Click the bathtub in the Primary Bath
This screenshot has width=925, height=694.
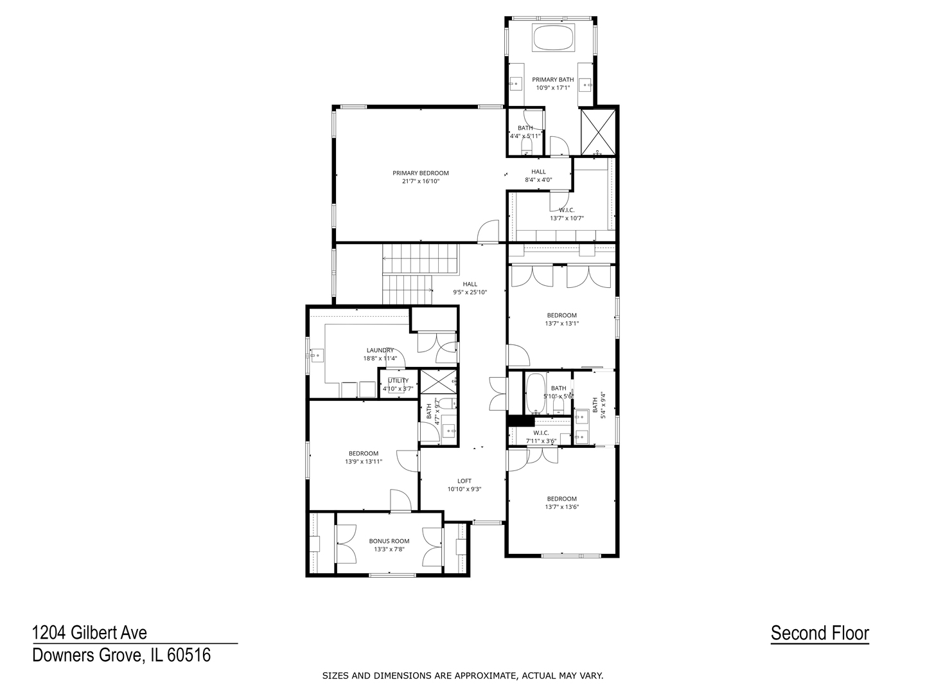click(x=552, y=37)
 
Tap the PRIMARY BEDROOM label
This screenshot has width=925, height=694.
click(x=420, y=173)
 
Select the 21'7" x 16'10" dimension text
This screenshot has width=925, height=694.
click(x=420, y=181)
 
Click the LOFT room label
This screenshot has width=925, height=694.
click(x=464, y=481)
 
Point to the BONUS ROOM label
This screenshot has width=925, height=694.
click(x=389, y=541)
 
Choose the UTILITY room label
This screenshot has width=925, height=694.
click(x=398, y=380)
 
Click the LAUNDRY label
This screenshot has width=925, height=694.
click(x=380, y=350)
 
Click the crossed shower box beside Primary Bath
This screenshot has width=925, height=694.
click(x=598, y=132)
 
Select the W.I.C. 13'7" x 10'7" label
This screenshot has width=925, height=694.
click(x=567, y=214)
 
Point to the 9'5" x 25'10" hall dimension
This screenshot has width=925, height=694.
click(x=470, y=292)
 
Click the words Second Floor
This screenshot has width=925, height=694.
click(x=820, y=634)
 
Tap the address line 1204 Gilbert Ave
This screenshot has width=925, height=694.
click(x=90, y=633)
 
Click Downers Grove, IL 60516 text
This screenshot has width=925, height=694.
click(x=121, y=655)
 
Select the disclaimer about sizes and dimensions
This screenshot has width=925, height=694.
click(x=463, y=676)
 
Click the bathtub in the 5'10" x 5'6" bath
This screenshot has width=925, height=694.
click(x=535, y=393)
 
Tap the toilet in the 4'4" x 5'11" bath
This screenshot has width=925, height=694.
click(x=527, y=147)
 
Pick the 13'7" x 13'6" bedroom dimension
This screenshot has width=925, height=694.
click(x=561, y=507)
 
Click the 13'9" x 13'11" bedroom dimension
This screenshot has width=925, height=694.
click(x=364, y=461)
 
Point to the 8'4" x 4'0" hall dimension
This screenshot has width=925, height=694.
click(x=538, y=180)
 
